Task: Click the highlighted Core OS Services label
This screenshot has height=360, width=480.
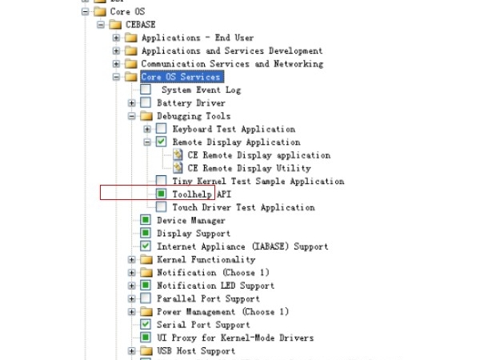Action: (181, 77)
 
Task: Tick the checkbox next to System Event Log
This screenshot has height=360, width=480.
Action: (146, 90)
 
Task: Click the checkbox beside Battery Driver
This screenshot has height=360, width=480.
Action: (146, 103)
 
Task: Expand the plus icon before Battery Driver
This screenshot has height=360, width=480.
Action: (132, 103)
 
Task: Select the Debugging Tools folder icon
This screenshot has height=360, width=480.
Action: (146, 116)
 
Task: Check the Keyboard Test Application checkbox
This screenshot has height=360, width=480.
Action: (162, 129)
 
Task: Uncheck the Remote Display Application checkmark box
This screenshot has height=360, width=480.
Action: (162, 142)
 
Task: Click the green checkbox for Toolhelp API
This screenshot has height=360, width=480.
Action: (162, 194)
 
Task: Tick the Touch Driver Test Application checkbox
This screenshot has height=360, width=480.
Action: (162, 207)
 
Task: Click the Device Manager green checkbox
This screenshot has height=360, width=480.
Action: (146, 220)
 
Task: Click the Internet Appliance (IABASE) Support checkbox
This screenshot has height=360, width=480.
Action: (146, 246)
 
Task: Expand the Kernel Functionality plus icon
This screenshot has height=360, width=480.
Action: (132, 259)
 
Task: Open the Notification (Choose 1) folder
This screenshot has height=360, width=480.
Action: (146, 273)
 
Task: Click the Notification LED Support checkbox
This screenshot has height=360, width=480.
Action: (146, 286)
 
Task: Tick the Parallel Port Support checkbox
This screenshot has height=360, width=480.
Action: (146, 298)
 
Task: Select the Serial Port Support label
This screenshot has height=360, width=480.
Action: (203, 325)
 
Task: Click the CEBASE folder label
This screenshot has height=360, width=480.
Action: (141, 25)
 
